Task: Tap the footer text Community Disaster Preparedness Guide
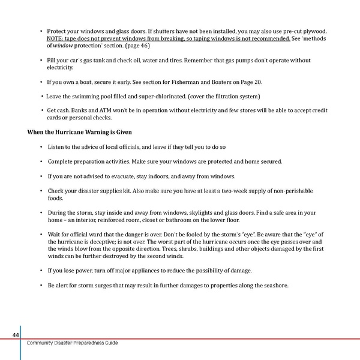[x=72, y=343]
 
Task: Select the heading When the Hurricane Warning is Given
[x=80, y=131]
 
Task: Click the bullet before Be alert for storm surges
[x=41, y=285]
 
